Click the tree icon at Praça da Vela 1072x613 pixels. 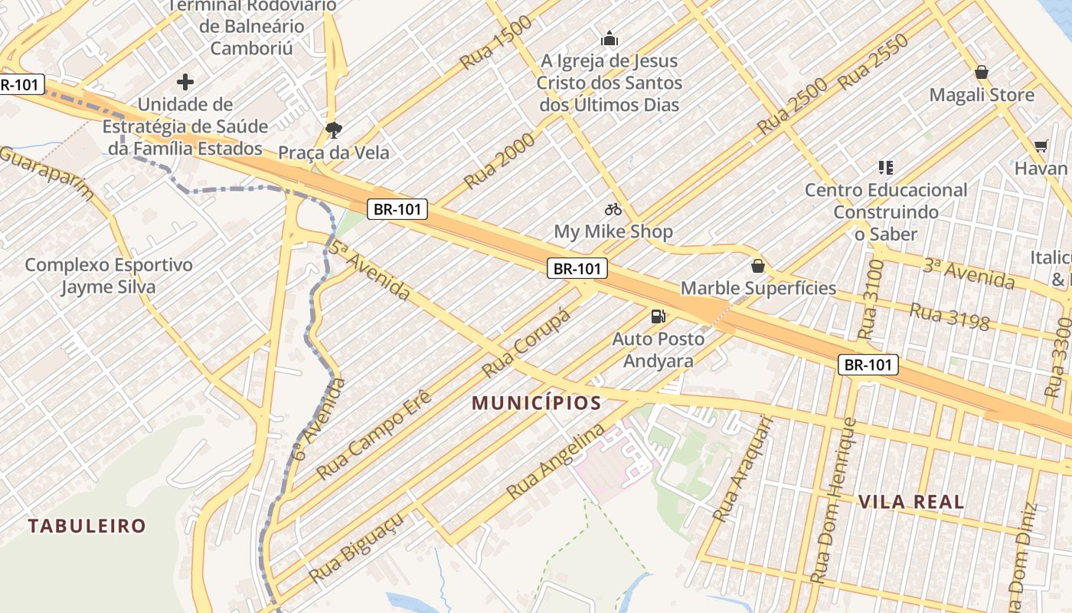point(333,129)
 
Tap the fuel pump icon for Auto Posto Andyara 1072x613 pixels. point(657,316)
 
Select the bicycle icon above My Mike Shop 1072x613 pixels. point(613,209)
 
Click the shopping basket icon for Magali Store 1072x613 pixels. point(982,73)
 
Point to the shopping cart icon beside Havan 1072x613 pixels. point(1041,146)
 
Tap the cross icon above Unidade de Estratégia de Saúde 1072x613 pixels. point(185,81)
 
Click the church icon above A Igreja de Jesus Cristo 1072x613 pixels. point(610,38)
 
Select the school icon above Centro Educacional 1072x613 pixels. point(886,167)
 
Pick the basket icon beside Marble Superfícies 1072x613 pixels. point(758,266)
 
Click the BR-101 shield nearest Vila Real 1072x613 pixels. point(868,365)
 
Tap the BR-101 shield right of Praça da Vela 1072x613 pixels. point(397,208)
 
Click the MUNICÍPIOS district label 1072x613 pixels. point(536,402)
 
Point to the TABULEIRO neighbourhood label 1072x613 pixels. point(87,526)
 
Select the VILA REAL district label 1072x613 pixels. point(911,502)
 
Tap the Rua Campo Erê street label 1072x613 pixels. point(374,435)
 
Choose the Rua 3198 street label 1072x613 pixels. point(949,316)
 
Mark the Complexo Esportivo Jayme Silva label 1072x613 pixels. point(109,276)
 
